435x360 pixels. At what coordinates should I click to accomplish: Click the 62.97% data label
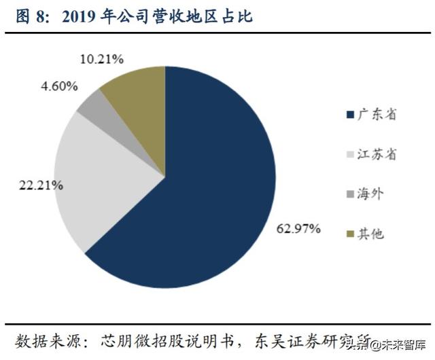[298, 228]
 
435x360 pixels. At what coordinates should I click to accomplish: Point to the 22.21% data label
[41, 185]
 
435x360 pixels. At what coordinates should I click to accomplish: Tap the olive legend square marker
[350, 234]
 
